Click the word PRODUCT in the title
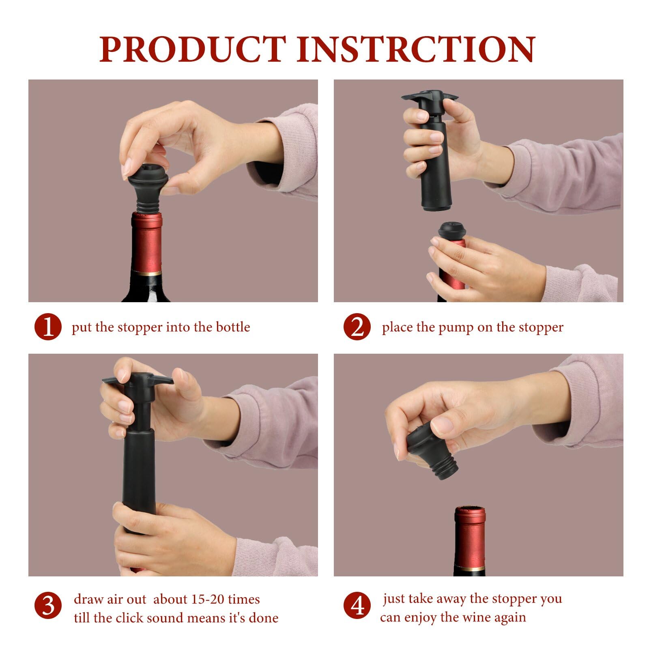(x=193, y=49)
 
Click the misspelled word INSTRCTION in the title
(x=416, y=49)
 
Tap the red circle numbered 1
(x=48, y=327)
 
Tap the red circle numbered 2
(x=357, y=327)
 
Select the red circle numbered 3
(x=48, y=606)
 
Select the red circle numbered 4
(x=357, y=606)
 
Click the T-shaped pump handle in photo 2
(x=430, y=99)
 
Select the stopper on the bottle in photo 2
(x=451, y=231)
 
